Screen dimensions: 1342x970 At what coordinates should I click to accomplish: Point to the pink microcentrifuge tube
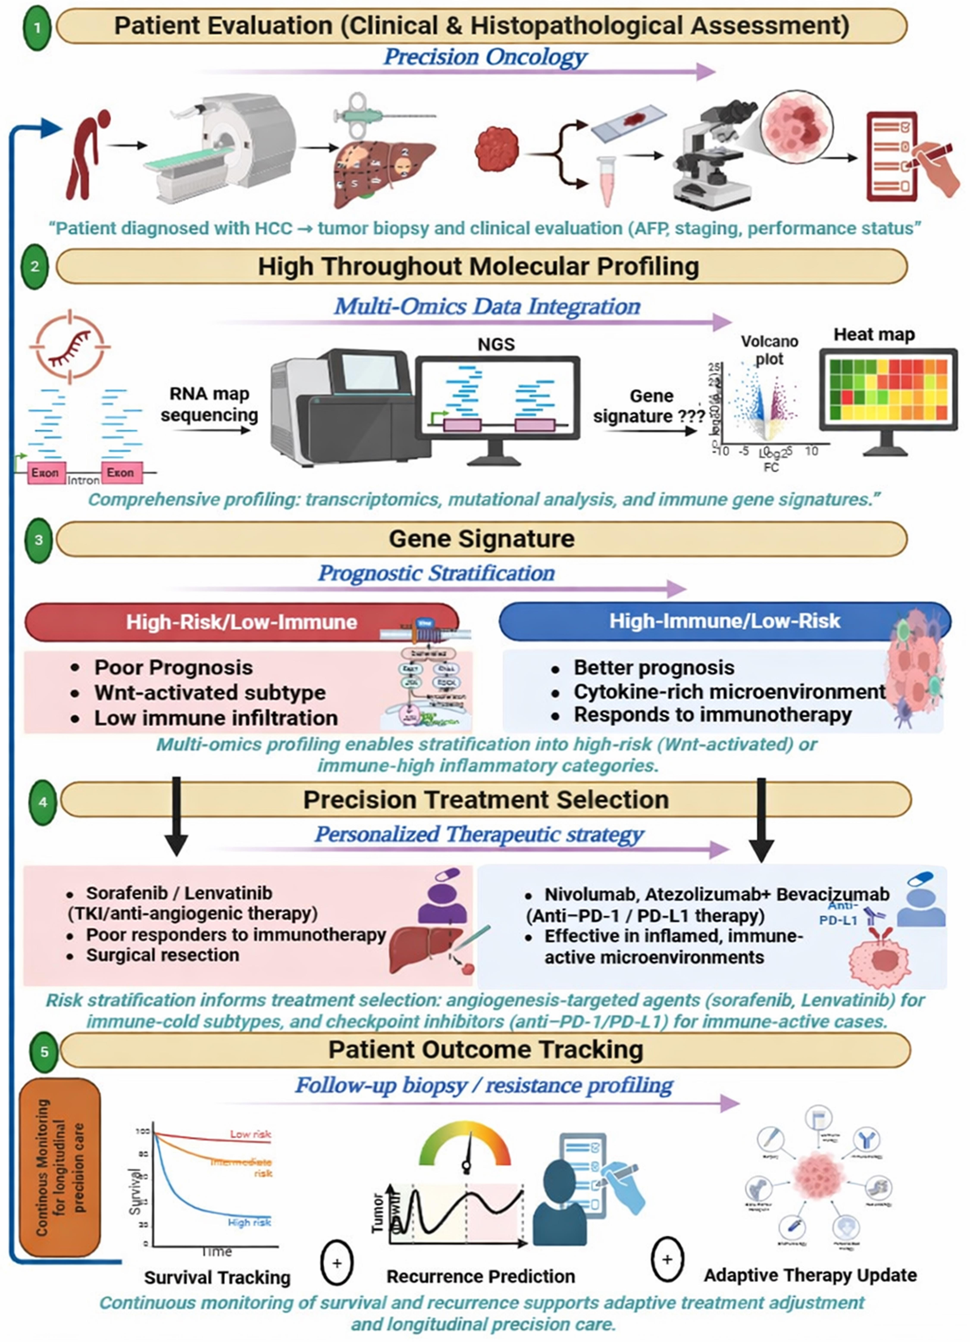pyautogui.click(x=607, y=181)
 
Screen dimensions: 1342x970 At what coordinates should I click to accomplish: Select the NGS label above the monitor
pyautogui.click(x=496, y=344)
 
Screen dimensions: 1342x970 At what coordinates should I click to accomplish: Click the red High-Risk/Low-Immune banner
pyautogui.click(x=241, y=622)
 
